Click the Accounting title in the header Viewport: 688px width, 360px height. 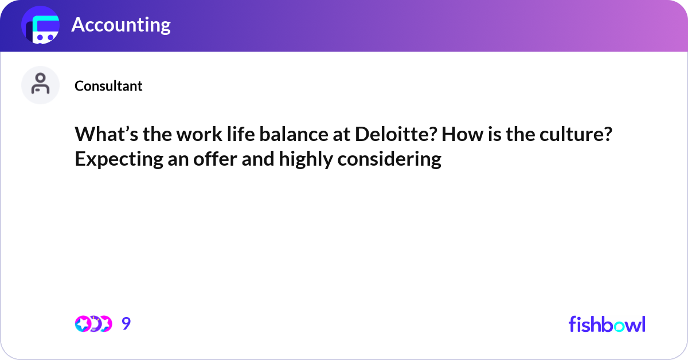click(x=120, y=25)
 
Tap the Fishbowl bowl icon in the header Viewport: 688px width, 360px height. click(x=40, y=25)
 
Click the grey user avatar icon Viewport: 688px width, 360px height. click(x=40, y=85)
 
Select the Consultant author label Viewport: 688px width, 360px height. click(x=108, y=86)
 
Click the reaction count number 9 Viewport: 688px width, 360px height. click(x=126, y=324)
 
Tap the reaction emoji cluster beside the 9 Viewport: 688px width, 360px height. click(x=93, y=324)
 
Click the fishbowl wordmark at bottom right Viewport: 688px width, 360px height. click(x=607, y=324)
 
